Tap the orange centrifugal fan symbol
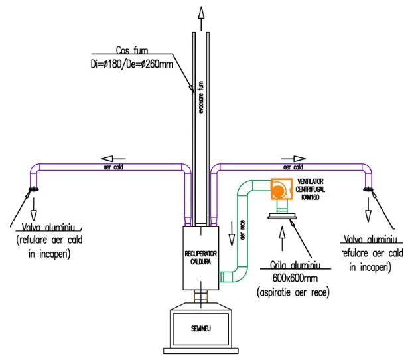(x=279, y=190)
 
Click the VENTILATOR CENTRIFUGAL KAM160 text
(x=314, y=189)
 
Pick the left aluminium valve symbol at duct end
(x=32, y=193)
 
